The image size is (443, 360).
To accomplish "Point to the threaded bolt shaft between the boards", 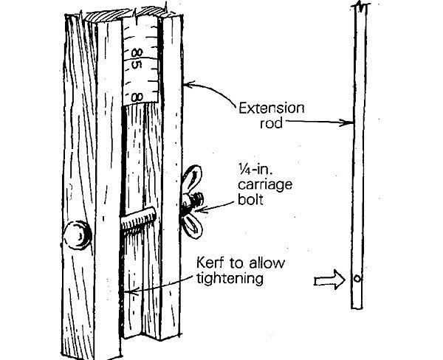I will [137, 220].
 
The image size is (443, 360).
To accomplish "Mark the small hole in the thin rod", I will [356, 280].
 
